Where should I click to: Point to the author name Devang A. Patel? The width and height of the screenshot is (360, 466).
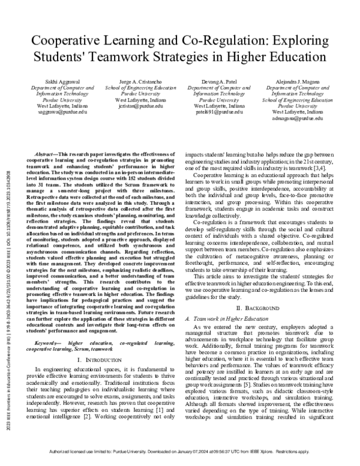[x=215, y=80]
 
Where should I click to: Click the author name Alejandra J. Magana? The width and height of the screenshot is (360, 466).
[x=293, y=80]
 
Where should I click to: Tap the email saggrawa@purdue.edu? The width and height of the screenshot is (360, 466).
[x=56, y=112]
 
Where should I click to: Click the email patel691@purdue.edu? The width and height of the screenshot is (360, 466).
[x=215, y=112]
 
